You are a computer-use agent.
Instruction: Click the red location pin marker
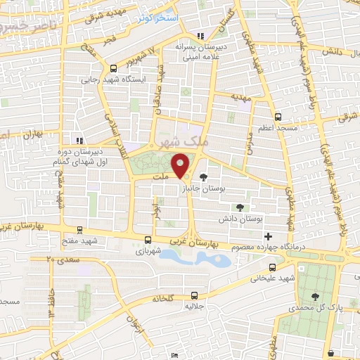pyautogui.click(x=181, y=166)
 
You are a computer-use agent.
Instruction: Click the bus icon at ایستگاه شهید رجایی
pyautogui.click(x=113, y=68)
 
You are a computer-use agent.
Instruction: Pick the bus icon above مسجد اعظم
pyautogui.click(x=278, y=117)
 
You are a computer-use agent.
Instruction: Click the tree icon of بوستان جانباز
pyautogui.click(x=203, y=177)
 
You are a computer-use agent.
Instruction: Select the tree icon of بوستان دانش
pyautogui.click(x=240, y=207)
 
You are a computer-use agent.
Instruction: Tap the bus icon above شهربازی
pyautogui.click(x=147, y=239)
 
